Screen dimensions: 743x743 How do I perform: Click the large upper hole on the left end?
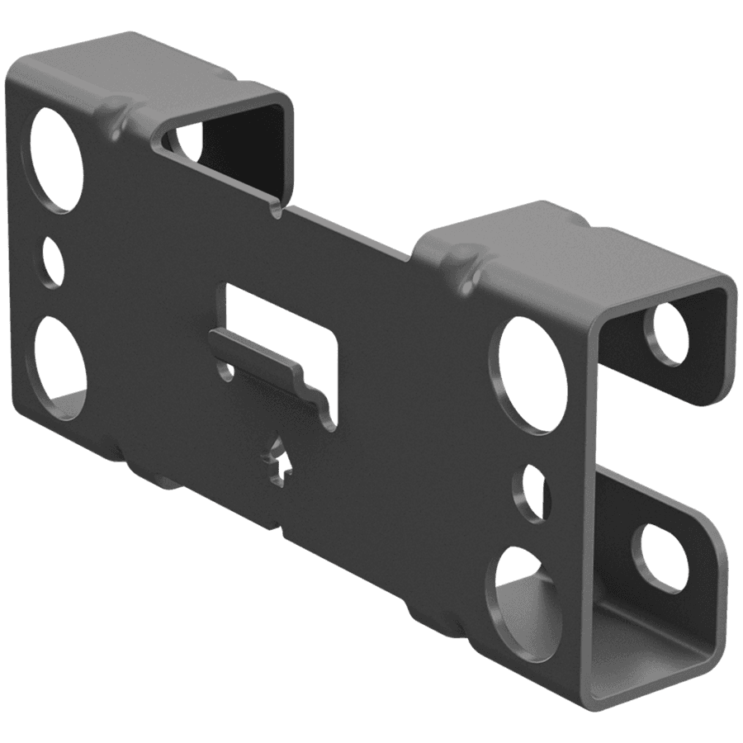[56, 159]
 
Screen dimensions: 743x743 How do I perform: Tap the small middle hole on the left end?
[52, 263]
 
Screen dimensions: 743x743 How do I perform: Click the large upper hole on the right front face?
[533, 374]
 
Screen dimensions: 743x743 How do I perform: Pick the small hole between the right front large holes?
[532, 494]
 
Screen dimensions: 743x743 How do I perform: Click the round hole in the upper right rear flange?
[667, 334]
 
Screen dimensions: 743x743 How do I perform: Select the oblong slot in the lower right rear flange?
[660, 558]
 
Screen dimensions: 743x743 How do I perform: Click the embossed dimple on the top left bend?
[116, 111]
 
